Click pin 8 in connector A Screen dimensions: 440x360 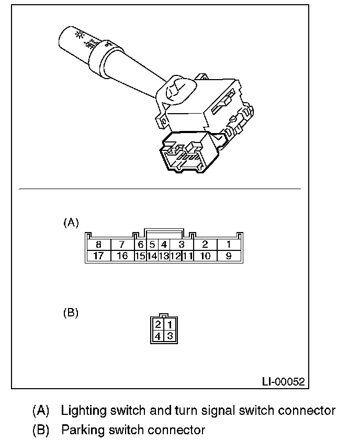coord(98,244)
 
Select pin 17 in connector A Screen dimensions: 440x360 coord(98,256)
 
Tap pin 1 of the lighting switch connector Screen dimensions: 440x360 coord(229,244)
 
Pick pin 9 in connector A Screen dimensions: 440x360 coord(229,256)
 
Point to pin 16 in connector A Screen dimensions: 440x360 coord(122,256)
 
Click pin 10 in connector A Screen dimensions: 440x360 coord(205,256)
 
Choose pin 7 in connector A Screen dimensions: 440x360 coord(122,244)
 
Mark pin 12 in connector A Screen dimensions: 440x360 coord(175,256)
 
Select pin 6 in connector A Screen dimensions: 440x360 coord(140,244)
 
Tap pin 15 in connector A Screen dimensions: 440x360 coord(140,256)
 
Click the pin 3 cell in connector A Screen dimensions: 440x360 coord(182,244)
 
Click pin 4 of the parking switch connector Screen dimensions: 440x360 coord(158,336)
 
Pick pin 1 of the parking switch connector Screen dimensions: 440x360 coord(169,325)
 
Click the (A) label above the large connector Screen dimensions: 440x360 coord(71,223)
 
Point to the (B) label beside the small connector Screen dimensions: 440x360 coord(71,313)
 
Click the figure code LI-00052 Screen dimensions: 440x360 coord(283,381)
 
